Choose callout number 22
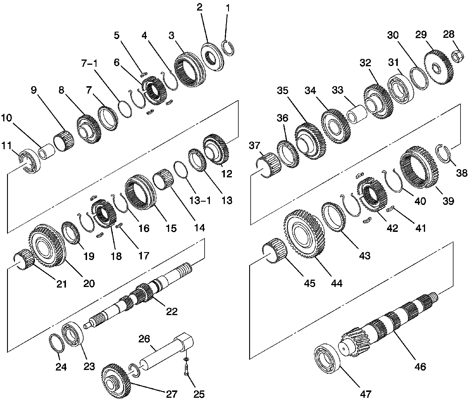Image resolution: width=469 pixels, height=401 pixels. coord(171,311)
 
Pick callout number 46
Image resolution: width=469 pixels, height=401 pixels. coord(421,366)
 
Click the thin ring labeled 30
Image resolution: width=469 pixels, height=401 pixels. coord(418,78)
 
